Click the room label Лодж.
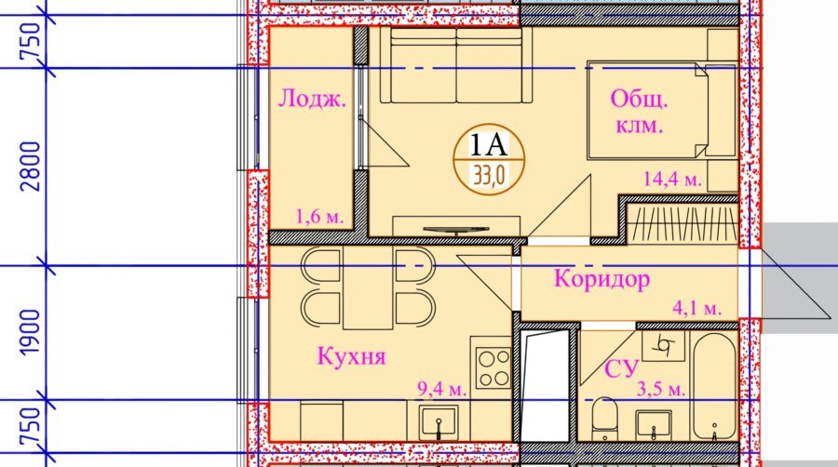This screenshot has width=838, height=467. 313,99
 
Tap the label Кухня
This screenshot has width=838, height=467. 351,356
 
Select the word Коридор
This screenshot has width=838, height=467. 601,279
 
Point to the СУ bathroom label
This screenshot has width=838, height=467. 622,368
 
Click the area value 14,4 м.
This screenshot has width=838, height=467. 672,179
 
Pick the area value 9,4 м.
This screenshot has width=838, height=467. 441,389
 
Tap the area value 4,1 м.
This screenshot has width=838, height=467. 696,308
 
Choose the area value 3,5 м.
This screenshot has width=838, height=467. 661,389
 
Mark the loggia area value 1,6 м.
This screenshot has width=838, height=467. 319,217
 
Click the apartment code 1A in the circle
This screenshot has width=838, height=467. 488,144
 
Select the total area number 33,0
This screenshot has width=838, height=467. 489,175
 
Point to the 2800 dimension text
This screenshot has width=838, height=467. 31,167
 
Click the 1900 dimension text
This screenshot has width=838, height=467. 31,332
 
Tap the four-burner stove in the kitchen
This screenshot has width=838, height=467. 493,368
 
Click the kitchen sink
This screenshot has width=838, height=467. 439,422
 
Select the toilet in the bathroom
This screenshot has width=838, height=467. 604,420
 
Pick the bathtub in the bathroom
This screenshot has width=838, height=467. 714,387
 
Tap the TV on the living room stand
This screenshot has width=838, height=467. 456,230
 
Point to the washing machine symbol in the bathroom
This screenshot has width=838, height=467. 663,346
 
